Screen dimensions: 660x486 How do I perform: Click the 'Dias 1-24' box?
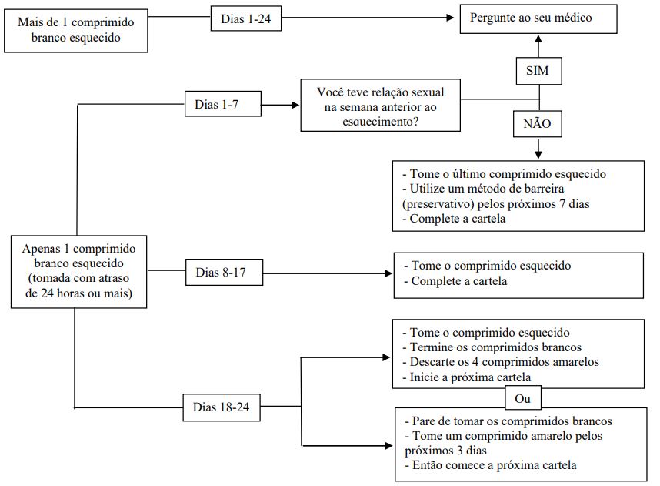pyautogui.click(x=246, y=18)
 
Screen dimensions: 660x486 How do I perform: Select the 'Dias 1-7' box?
pyautogui.click(x=222, y=104)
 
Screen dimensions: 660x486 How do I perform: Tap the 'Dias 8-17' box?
pyautogui.click(x=224, y=273)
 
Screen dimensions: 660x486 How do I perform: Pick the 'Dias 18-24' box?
pyautogui.click(x=222, y=407)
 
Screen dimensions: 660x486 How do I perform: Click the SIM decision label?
pyautogui.click(x=538, y=70)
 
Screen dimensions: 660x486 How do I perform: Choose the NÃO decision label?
pyautogui.click(x=538, y=123)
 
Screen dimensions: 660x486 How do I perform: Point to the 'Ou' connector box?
pyautogui.click(x=523, y=398)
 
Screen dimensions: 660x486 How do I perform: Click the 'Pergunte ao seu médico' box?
pyautogui.click(x=538, y=18)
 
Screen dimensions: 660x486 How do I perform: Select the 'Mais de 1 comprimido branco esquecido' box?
pyautogui.click(x=75, y=30)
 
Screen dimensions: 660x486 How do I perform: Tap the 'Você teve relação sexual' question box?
pyautogui.click(x=380, y=106)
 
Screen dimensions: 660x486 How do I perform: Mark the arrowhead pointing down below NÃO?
pyautogui.click(x=538, y=154)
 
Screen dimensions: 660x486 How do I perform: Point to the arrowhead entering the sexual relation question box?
pyautogui.click(x=295, y=105)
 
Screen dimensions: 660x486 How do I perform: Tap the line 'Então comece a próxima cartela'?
pyautogui.click(x=491, y=465)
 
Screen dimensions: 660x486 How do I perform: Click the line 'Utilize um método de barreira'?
pyautogui.click(x=483, y=189)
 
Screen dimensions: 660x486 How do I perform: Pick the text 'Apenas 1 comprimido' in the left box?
pyautogui.click(x=78, y=249)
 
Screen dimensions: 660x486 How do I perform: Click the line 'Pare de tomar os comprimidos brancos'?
pyautogui.click(x=508, y=421)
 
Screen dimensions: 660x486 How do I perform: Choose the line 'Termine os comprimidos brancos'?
pyautogui.click(x=492, y=347)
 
